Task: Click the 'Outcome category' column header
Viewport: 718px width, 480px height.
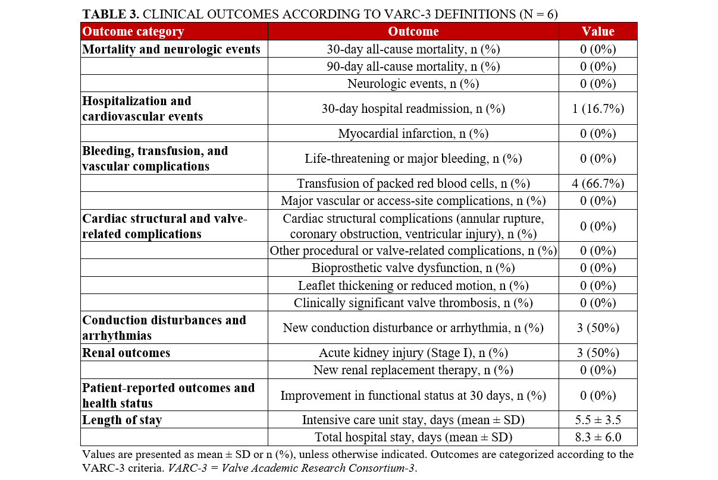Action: tap(133, 31)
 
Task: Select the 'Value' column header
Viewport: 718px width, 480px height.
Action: tap(598, 31)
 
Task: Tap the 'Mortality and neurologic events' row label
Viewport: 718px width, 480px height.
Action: tap(171, 49)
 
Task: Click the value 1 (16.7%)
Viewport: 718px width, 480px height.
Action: tap(598, 108)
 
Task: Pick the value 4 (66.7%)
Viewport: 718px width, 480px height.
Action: tap(598, 184)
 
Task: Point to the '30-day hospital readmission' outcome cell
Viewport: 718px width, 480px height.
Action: tap(413, 108)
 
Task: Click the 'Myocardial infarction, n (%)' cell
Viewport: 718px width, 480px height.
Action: tap(413, 134)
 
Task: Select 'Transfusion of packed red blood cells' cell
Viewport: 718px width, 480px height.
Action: tap(413, 184)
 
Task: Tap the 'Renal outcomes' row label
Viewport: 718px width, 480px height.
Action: tap(126, 353)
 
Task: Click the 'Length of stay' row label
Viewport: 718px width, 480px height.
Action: tap(122, 420)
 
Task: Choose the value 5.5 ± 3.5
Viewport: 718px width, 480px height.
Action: tap(598, 420)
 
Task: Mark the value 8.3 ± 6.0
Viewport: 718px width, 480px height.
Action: tap(598, 437)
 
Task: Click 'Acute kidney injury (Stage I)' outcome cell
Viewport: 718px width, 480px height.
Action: tap(413, 353)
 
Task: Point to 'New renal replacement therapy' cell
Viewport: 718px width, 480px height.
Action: tap(413, 370)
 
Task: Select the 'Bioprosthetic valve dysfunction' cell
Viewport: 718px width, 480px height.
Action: tap(413, 268)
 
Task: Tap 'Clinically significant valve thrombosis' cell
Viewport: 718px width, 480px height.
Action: tap(413, 303)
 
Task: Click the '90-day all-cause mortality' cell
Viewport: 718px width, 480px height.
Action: tap(413, 66)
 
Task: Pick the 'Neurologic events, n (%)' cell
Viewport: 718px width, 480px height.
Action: tap(413, 83)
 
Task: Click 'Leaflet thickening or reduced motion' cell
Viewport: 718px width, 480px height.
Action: tap(413, 286)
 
